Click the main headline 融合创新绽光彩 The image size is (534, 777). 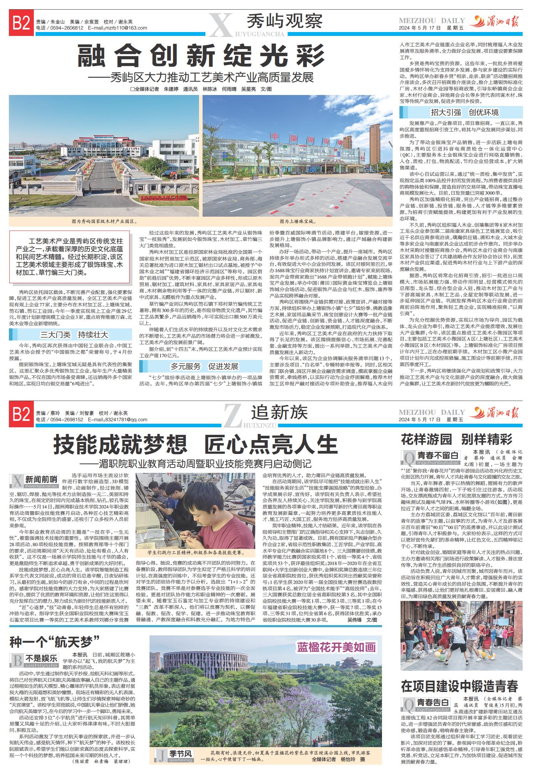(201, 57)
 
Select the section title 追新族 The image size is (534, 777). (279, 413)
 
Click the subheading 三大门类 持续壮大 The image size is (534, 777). (74, 335)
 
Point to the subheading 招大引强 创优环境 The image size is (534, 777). (465, 112)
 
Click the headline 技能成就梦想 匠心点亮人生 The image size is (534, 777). (195, 444)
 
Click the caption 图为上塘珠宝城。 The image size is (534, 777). (298, 221)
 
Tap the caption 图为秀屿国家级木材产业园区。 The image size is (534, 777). (105, 221)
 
